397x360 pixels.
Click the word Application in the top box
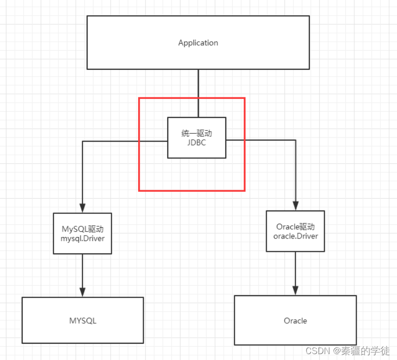pyautogui.click(x=198, y=43)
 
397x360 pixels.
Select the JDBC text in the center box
pyautogui.click(x=196, y=142)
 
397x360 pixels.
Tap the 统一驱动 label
pyautogui.click(x=196, y=133)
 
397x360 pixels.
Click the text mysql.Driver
pyautogui.click(x=83, y=239)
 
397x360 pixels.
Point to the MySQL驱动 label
pyautogui.click(x=83, y=229)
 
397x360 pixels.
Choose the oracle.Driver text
pyautogui.click(x=296, y=236)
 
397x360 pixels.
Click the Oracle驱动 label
pyautogui.click(x=296, y=227)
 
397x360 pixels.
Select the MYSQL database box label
pyautogui.click(x=83, y=321)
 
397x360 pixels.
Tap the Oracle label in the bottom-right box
pyautogui.click(x=295, y=321)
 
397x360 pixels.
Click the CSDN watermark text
pyautogui.click(x=317, y=351)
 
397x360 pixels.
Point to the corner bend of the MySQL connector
pyautogui.click(x=83, y=141)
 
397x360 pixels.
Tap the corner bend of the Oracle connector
pyautogui.click(x=296, y=140)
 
